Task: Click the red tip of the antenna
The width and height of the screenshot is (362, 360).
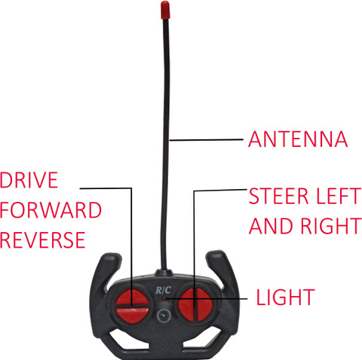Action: [165, 10]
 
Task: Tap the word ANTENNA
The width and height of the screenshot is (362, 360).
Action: [298, 139]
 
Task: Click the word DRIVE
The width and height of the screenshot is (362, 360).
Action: [29, 180]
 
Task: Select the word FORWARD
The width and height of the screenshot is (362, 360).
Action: [51, 210]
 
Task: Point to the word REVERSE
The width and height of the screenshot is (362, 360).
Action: [43, 239]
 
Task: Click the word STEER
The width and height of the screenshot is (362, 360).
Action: [278, 196]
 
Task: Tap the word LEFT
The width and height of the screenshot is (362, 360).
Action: [339, 196]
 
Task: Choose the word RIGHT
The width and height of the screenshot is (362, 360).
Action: [331, 226]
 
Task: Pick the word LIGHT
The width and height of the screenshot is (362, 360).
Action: [285, 297]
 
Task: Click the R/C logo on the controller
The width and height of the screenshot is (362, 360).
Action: [163, 290]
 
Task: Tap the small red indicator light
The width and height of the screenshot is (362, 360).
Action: [164, 299]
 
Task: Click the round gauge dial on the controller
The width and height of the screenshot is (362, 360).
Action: [164, 316]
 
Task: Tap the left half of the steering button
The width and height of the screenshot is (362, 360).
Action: [186, 305]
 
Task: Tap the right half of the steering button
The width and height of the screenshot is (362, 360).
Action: [204, 304]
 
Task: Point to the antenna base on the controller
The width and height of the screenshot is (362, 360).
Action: [164, 273]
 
